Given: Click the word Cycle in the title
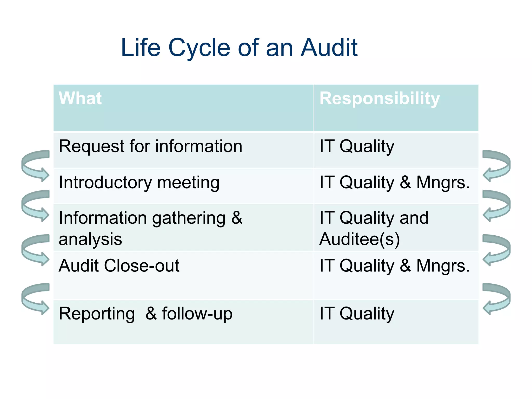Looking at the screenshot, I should pyautogui.click(x=199, y=48).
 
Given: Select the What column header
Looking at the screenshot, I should pyautogui.click(x=80, y=98).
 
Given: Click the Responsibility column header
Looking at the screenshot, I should pyautogui.click(x=380, y=98).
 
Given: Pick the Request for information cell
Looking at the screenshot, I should pyautogui.click(x=150, y=146).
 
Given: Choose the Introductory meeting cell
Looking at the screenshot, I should pyautogui.click(x=139, y=183).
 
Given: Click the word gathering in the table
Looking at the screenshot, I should pyautogui.click(x=189, y=218).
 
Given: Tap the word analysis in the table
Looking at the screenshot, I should pyautogui.click(x=90, y=239).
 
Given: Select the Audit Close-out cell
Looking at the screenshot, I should pyautogui.click(x=119, y=266).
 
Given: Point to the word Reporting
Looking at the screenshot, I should pyautogui.click(x=97, y=314).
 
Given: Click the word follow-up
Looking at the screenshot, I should pyautogui.click(x=197, y=314).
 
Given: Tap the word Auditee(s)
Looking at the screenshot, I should pyautogui.click(x=360, y=239).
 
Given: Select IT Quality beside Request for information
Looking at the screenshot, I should pyautogui.click(x=357, y=146).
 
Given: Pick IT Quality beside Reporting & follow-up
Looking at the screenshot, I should pyautogui.click(x=357, y=314).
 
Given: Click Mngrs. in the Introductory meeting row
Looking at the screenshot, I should pyautogui.click(x=443, y=183).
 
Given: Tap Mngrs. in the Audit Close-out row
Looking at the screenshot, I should pyautogui.click(x=443, y=266).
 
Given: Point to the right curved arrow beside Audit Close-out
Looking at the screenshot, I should pyautogui.click(x=496, y=250).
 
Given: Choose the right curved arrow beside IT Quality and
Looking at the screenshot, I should pyautogui.click(x=496, y=205).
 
